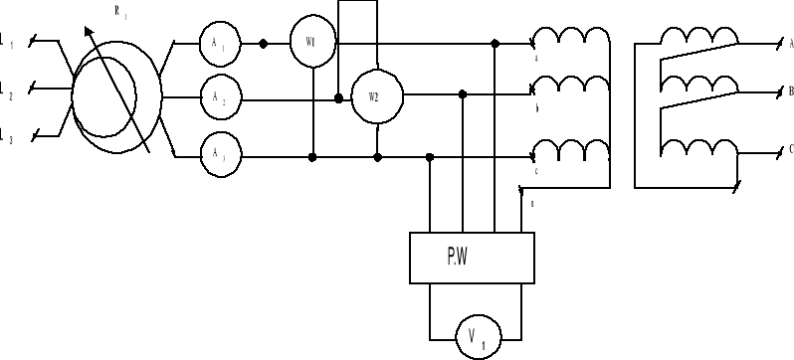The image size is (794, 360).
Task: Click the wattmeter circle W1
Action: pos(310,43)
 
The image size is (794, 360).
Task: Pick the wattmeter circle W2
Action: pos(373,96)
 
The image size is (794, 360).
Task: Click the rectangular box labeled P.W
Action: pos(472,259)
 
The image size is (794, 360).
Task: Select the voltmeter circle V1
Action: pos(473,336)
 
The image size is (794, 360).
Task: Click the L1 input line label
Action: pos(7,43)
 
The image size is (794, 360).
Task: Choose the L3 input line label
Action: pos(7,136)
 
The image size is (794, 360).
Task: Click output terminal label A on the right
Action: pos(789,44)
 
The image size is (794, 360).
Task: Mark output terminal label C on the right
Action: pos(789,148)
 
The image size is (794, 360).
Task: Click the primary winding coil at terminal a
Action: pos(571,38)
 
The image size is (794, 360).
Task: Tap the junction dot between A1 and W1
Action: pos(263,44)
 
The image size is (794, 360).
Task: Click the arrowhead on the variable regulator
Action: pos(87,31)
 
